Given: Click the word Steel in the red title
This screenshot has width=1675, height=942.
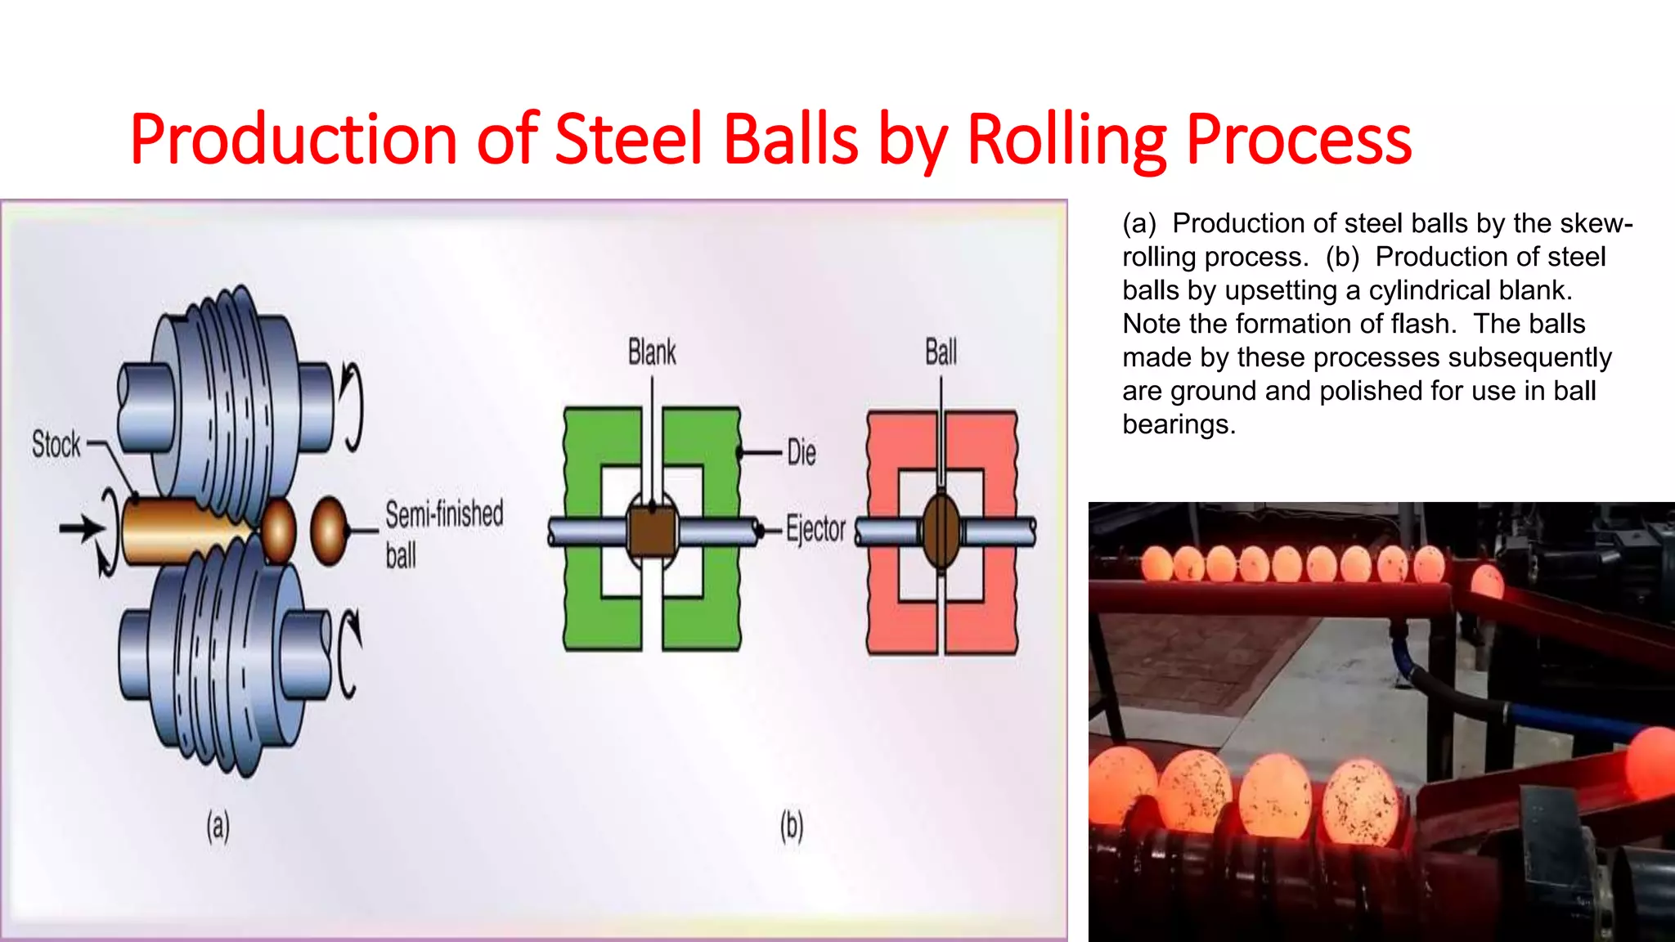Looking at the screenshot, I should [x=628, y=139].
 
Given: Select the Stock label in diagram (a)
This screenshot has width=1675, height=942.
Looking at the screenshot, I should [x=56, y=444].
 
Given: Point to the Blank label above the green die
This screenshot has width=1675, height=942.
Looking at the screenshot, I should [x=652, y=352].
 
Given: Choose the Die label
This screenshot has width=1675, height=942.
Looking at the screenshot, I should [x=802, y=452].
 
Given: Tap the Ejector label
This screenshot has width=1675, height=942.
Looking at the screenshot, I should [x=815, y=529].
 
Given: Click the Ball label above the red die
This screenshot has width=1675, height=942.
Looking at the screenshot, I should [x=941, y=352].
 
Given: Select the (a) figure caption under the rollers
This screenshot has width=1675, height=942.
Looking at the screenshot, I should [x=218, y=826].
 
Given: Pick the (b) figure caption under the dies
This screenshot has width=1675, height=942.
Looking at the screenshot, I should [x=791, y=826].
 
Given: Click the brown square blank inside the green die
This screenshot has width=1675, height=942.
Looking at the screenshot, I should [x=652, y=530].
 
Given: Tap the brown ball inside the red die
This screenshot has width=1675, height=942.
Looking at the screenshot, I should [x=941, y=530].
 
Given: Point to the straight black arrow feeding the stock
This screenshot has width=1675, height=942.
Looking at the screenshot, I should [x=82, y=528].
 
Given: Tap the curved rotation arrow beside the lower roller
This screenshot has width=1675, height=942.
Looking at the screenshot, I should [x=349, y=654].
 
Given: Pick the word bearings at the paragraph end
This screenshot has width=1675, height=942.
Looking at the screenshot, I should [x=1178, y=424].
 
